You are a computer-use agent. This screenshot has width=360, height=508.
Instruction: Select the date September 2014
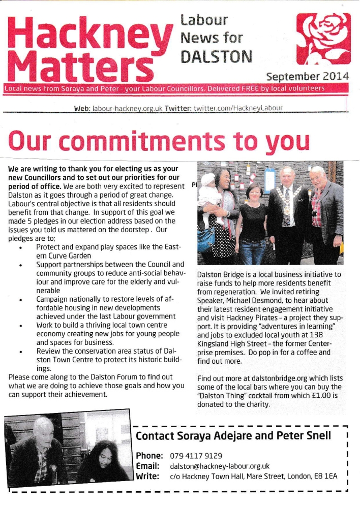pos(308,77)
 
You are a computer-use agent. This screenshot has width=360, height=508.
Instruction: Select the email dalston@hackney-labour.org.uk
pos(219,466)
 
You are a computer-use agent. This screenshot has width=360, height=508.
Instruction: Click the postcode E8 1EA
pos(325,476)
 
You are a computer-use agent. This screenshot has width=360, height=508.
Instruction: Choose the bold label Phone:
pos(149,456)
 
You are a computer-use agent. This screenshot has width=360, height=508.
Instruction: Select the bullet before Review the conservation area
pos(20,351)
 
